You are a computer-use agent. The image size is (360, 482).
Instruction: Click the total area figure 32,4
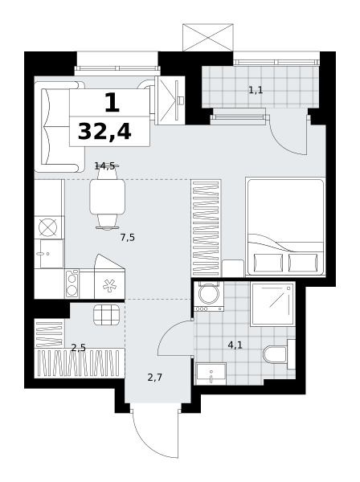(104, 132)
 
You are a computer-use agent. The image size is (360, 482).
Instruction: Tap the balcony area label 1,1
(256, 90)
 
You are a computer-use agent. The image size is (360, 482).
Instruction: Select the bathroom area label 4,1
(235, 345)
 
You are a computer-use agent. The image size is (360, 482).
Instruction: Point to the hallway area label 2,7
(154, 378)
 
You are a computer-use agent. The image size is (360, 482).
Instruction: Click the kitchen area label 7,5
(127, 237)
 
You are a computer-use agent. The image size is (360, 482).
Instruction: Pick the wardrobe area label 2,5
(79, 348)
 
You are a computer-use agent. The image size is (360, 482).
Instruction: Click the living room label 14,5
(104, 166)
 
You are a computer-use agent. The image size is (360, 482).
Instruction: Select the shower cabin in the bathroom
(272, 304)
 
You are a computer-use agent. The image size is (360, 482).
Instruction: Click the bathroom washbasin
(211, 374)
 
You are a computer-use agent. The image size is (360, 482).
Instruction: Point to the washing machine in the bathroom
(209, 296)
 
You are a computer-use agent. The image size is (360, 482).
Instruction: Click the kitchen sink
(51, 254)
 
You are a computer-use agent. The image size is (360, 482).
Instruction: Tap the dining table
(108, 197)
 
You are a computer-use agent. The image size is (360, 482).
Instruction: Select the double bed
(285, 227)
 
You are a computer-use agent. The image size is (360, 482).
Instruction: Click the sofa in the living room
(59, 127)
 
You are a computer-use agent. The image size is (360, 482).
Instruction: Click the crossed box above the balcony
(208, 37)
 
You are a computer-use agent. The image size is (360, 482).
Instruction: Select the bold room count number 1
(112, 103)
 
